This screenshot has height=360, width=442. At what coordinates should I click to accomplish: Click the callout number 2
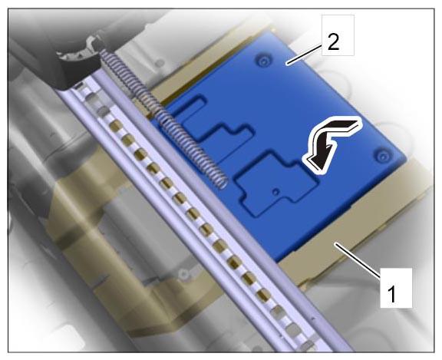point(334,42)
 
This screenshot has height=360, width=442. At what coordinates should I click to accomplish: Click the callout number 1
point(392,293)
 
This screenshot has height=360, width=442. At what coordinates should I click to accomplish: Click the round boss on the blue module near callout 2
point(264,61)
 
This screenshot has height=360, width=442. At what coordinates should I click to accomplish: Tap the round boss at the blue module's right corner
point(382,155)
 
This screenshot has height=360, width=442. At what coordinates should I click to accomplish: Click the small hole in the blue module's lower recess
point(276,192)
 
